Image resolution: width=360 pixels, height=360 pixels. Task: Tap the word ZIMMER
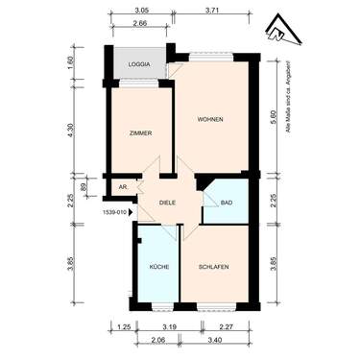click(x=141, y=133)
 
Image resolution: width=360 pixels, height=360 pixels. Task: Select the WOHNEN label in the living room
click(x=211, y=119)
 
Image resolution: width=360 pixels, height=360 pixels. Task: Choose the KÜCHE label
click(x=158, y=266)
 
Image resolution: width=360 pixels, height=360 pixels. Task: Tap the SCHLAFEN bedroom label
click(x=213, y=266)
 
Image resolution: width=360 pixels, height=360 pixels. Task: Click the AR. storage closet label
click(x=122, y=187)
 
